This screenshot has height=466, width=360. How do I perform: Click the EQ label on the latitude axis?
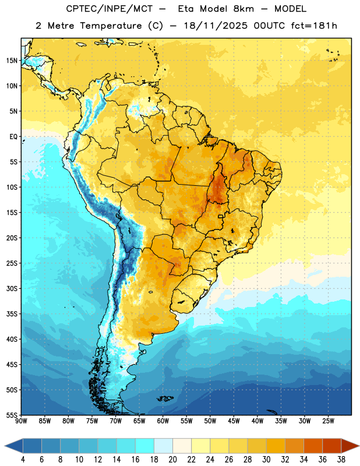click(x=13, y=137)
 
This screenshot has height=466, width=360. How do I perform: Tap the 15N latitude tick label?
click(x=12, y=61)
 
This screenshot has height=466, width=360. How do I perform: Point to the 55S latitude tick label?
click(x=12, y=415)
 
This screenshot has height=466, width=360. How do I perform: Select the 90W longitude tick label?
click(x=21, y=421)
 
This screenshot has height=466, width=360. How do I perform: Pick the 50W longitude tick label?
click(x=210, y=421)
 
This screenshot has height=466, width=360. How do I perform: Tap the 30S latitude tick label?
click(x=12, y=288)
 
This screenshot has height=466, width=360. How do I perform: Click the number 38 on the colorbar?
click(x=341, y=460)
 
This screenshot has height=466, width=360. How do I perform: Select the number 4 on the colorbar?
click(x=23, y=460)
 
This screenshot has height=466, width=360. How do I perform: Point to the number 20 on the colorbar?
click(x=172, y=460)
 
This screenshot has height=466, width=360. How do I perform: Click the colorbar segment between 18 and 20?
click(x=164, y=446)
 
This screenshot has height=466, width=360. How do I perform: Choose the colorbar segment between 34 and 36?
click(x=313, y=446)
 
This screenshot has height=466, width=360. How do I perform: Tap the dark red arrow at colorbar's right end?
click(x=350, y=446)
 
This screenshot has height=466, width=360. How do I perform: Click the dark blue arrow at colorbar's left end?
click(x=14, y=446)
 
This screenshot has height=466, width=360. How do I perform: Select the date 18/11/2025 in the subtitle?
click(x=215, y=26)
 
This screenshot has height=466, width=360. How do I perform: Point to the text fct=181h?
click(x=314, y=26)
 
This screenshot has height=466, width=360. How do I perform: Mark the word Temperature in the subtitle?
click(x=111, y=26)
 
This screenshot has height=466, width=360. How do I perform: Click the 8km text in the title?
click(x=243, y=9)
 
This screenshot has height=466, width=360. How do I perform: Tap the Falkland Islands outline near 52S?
click(x=165, y=398)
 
